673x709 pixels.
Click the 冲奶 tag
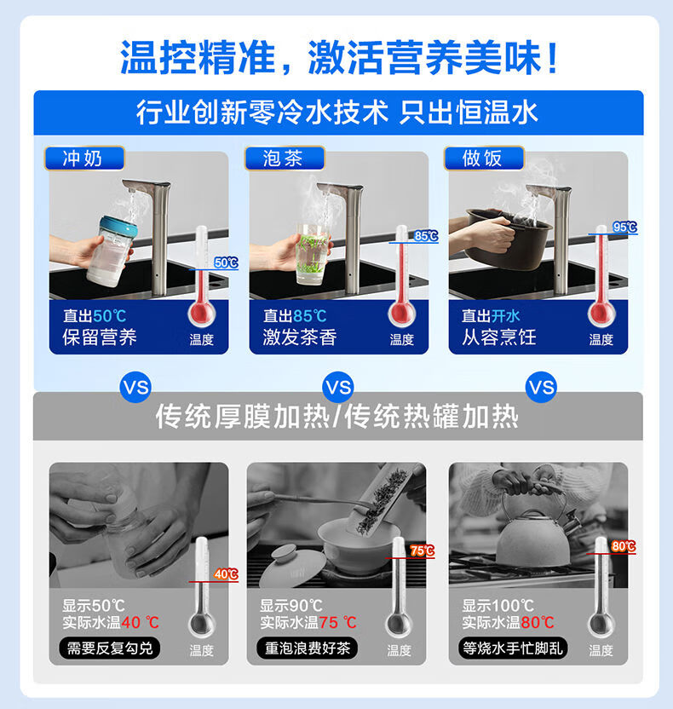tap(84, 159)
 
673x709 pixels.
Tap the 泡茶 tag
tap(285, 159)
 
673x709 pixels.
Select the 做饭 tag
tap(484, 159)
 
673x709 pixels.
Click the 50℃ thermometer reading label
tap(226, 262)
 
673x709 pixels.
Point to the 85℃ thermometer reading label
tap(426, 235)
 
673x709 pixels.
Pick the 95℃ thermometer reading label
tap(625, 227)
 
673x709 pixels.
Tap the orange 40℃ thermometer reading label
tap(226, 574)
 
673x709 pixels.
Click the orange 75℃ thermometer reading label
tap(423, 550)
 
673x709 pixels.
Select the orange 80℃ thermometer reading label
tap(624, 547)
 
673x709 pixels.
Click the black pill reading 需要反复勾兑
tap(109, 648)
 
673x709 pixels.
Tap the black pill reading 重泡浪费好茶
tap(307, 648)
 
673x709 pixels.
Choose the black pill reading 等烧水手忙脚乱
tap(513, 648)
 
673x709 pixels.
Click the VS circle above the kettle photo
tap(541, 388)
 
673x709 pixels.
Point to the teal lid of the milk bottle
tap(118, 226)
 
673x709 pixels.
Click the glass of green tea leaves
tap(312, 254)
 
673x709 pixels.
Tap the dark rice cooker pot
tap(509, 238)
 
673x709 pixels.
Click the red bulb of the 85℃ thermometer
tap(401, 313)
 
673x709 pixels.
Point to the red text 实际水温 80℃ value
tap(538, 623)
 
